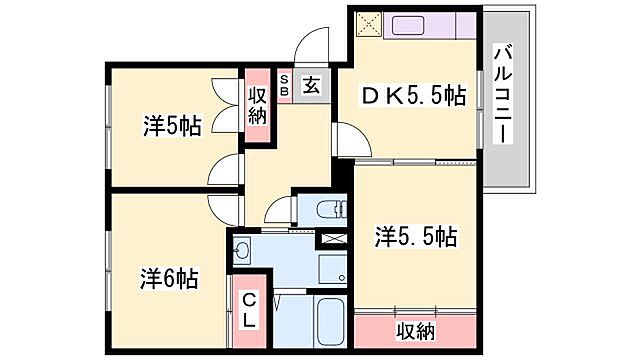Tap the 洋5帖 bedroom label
tap(172, 127)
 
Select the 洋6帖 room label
tap(168, 277)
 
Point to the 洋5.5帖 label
tap(416, 237)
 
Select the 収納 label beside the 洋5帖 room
tap(258, 101)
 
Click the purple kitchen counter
tap(431, 24)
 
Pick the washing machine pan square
tap(329, 269)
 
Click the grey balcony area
tap(511, 150)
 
